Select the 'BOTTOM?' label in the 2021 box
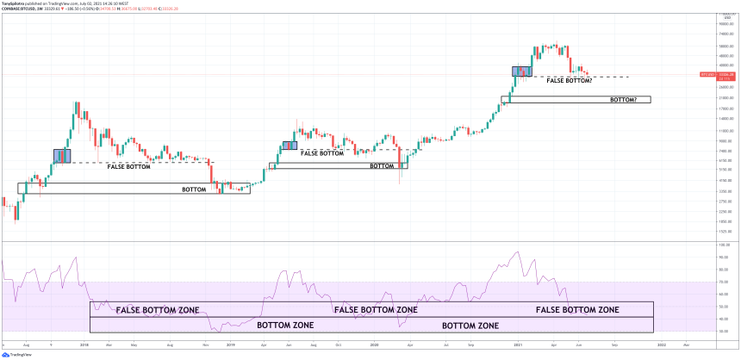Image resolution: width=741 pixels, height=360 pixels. point(623,100)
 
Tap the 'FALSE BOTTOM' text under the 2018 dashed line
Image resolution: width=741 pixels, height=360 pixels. point(128,166)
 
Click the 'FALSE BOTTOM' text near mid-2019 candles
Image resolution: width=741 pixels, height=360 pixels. point(322,152)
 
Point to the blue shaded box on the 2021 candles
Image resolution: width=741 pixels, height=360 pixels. point(522,72)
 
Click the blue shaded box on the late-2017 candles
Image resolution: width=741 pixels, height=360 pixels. point(62,155)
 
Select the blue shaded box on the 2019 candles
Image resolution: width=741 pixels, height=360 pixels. point(290,145)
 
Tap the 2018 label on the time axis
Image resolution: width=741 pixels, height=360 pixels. point(84,344)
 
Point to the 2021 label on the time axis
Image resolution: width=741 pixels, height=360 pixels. point(519,344)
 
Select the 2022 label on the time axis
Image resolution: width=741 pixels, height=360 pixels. point(661,344)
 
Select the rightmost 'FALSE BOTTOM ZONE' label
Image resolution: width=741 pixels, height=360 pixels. point(577,309)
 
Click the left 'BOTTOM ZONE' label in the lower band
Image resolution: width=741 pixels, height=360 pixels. point(285,326)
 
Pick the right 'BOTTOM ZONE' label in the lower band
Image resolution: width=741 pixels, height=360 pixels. point(470,326)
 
